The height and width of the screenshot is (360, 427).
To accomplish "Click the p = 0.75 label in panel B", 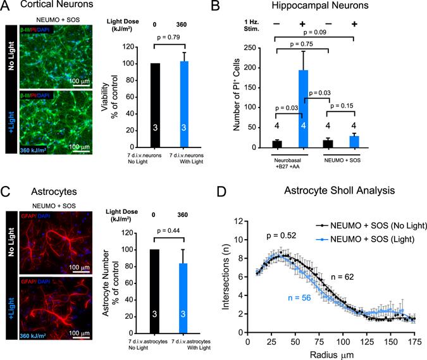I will (302, 44).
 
